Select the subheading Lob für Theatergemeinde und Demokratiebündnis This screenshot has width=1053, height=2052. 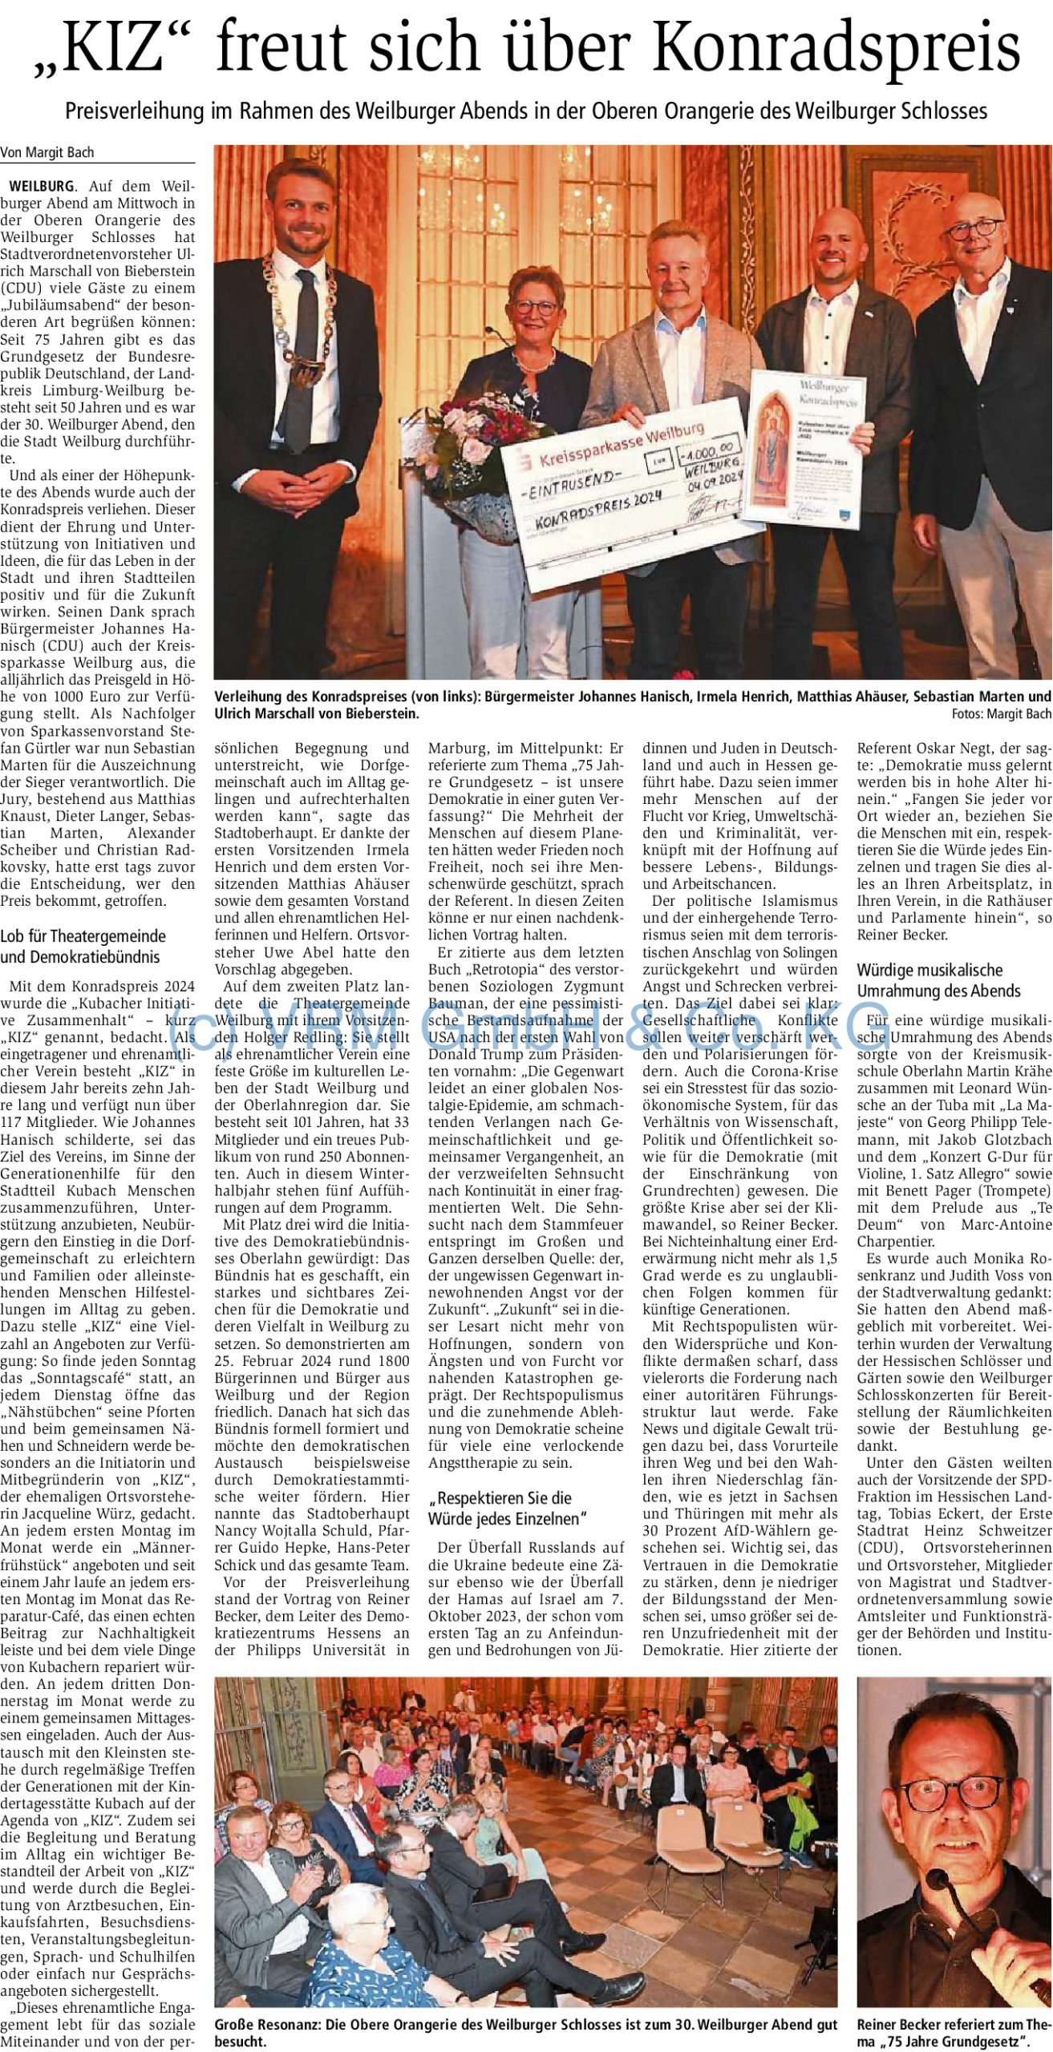[x=83, y=946]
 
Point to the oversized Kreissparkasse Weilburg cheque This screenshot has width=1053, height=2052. [x=626, y=497]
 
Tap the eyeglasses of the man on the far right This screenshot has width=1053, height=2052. [x=972, y=229]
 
